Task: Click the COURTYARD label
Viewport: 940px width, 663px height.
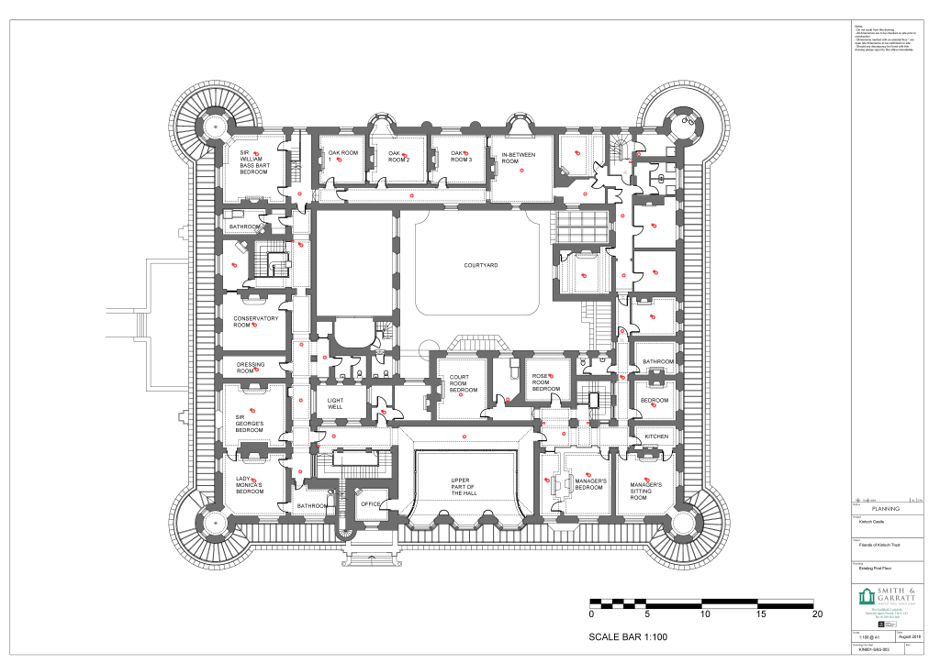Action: pyautogui.click(x=480, y=265)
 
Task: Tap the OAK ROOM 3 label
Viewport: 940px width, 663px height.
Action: pyautogui.click(x=461, y=157)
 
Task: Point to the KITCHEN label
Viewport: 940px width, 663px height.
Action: pyautogui.click(x=656, y=436)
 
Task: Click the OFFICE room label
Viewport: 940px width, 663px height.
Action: pyautogui.click(x=370, y=503)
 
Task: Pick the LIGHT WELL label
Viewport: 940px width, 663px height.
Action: pyautogui.click(x=335, y=403)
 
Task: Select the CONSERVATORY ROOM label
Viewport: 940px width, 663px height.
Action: pyautogui.click(x=255, y=322)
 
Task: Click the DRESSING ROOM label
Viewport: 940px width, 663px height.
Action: pyautogui.click(x=251, y=368)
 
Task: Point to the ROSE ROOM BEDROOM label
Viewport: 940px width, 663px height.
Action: pyautogui.click(x=546, y=382)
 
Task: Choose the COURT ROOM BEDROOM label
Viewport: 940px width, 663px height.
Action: pyautogui.click(x=463, y=383)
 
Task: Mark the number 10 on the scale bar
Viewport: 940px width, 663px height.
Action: pyautogui.click(x=703, y=615)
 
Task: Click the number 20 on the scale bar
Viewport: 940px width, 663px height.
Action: pyautogui.click(x=814, y=615)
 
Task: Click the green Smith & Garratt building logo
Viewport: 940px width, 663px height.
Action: pyautogui.click(x=867, y=598)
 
